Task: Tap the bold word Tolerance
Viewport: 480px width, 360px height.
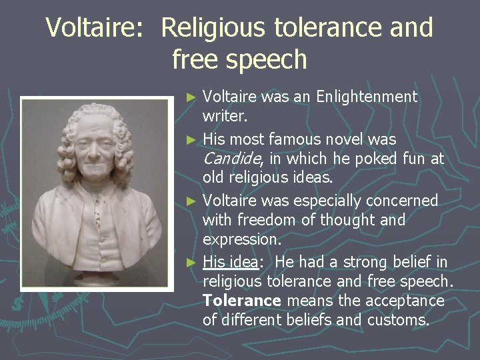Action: [243, 301]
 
